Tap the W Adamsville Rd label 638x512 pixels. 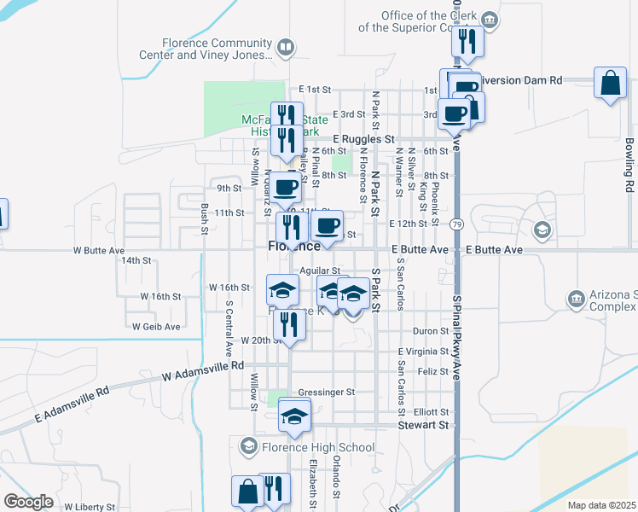202,369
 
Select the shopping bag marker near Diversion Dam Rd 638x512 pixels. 610,84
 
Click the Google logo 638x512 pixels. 28,502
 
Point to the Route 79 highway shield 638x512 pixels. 458,224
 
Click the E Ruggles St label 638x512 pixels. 363,137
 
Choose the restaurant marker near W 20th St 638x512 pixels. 289,325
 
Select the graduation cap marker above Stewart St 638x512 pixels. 295,416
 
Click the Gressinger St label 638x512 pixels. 325,392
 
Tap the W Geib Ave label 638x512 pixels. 156,326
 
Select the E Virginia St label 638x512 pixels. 424,351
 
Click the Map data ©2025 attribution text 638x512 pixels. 601,505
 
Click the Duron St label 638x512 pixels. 431,330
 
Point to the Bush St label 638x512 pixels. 205,218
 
